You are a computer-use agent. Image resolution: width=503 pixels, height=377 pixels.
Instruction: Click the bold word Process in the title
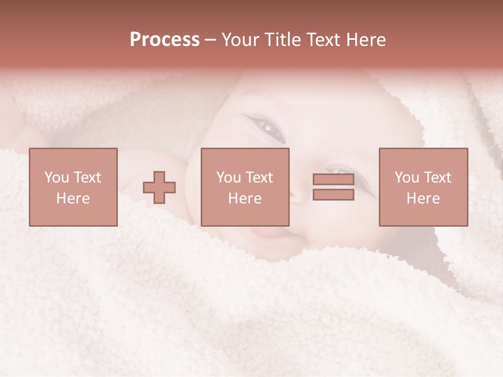165,40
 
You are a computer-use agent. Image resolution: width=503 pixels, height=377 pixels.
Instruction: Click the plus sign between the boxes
159,187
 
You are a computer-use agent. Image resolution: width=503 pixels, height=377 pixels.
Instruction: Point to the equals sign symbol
333,187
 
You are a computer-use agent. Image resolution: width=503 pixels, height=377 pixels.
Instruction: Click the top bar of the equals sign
333,180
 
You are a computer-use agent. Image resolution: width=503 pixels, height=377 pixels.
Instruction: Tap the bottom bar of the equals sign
333,195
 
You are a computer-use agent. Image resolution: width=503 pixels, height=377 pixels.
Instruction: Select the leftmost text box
73,187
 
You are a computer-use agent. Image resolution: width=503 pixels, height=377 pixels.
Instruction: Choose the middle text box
245,187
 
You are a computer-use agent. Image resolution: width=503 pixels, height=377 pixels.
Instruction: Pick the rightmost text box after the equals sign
423,187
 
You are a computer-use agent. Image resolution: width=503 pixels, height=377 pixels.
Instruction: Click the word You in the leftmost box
56,178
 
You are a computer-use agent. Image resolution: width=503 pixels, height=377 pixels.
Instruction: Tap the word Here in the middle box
245,198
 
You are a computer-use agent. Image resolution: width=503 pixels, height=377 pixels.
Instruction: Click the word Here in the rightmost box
423,198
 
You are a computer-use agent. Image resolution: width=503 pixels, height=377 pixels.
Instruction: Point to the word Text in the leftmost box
86,178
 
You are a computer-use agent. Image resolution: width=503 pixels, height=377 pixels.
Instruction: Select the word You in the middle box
228,178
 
